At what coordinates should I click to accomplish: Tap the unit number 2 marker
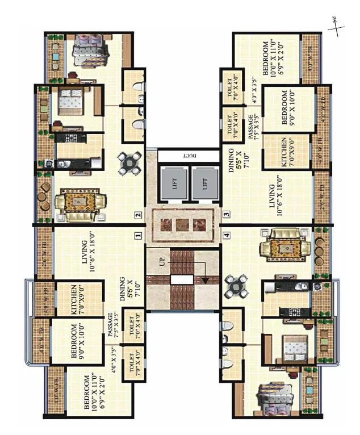point(137,215)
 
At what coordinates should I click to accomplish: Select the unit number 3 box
point(226,215)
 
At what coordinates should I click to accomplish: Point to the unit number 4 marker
point(226,234)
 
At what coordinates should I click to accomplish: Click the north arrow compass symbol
point(336,26)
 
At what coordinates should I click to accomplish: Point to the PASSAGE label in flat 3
point(250,128)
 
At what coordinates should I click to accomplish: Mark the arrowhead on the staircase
point(202,279)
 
